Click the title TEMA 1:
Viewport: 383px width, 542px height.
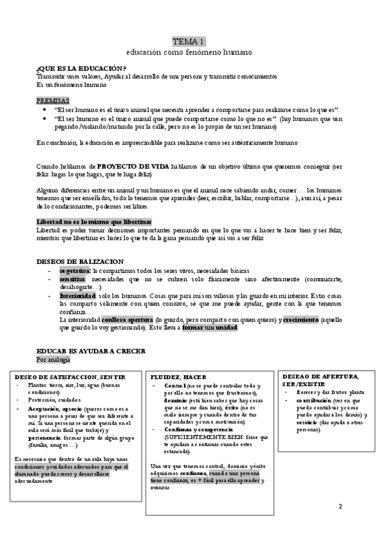coord(191,41)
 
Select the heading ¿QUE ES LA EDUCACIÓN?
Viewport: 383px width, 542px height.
coord(81,69)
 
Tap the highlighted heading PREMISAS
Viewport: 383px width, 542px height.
coord(53,101)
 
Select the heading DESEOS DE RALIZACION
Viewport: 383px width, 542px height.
coord(80,261)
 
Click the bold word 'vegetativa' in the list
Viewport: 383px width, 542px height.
coord(74,270)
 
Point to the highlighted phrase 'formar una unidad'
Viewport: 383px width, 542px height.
coord(209,327)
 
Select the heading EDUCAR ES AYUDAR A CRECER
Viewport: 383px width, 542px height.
coord(91,351)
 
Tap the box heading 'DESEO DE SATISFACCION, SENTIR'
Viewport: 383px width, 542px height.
coord(69,378)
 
